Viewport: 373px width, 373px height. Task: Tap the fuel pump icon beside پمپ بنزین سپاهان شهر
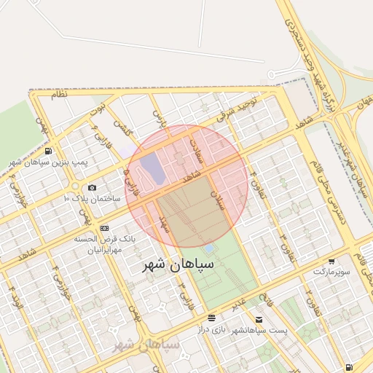tap(48, 151)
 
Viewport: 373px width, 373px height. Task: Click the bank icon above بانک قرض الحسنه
tap(104, 228)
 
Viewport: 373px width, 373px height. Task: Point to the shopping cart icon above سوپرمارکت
tap(332, 261)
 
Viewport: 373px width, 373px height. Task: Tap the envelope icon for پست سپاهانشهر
tap(259, 319)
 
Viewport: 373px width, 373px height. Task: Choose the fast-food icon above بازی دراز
tap(211, 318)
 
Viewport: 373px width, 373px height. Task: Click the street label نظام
tap(58, 95)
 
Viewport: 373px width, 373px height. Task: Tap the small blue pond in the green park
tap(209, 249)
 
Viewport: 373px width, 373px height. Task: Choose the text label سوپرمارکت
tap(332, 270)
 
